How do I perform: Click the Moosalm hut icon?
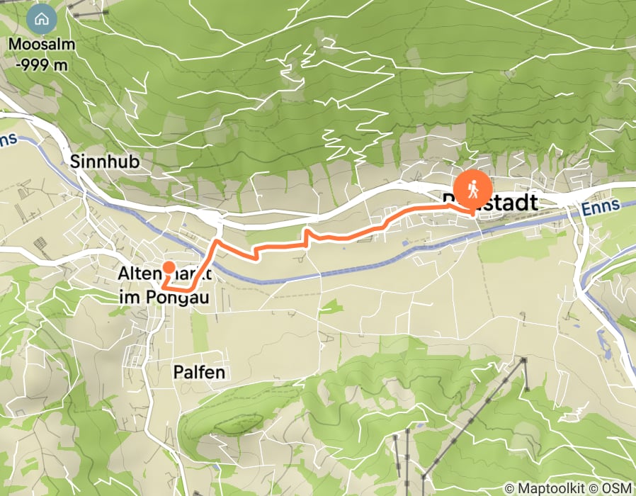coord(41,18)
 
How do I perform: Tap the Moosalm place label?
coord(41,45)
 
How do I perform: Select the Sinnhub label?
coord(106,162)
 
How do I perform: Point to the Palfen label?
coord(199,372)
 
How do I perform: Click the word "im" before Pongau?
coord(127,298)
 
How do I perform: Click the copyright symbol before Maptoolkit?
coord(509,488)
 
